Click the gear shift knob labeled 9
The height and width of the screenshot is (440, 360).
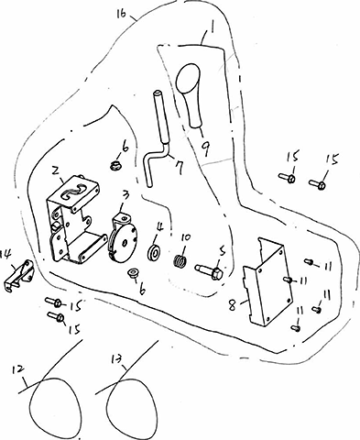[190, 94]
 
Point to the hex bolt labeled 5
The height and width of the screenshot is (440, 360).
[210, 270]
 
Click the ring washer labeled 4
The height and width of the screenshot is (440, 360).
[154, 253]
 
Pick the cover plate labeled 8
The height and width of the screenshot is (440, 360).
[267, 281]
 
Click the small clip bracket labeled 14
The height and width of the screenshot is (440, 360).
[19, 276]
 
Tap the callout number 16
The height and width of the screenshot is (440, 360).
[122, 14]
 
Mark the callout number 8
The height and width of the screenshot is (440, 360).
[233, 305]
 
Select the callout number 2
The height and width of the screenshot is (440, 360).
[56, 170]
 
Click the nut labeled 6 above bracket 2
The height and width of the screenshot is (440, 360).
[115, 166]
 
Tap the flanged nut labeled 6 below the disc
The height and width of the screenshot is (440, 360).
[133, 273]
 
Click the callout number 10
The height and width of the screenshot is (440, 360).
[186, 237]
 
